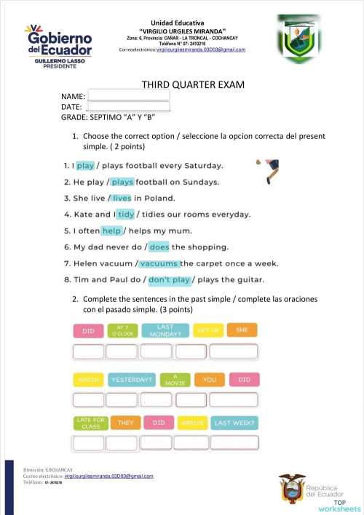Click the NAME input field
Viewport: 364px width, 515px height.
pos(128,95)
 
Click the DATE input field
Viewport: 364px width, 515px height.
pos(128,107)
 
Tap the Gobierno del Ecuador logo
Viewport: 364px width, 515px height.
pos(58,47)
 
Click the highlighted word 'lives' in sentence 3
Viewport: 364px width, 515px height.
pos(122,198)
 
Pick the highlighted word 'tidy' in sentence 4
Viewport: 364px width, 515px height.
pos(125,214)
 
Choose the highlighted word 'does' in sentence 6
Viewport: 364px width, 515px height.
pos(159,247)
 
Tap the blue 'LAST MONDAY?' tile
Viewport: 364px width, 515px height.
pos(165,331)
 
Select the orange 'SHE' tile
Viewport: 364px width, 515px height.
pos(242,330)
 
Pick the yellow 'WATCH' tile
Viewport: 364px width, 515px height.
pos(88,380)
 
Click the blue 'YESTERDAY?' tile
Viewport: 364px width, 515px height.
pos(131,380)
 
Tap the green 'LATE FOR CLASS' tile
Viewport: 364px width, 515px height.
pos(90,423)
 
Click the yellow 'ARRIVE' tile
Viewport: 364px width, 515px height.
pos(192,423)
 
